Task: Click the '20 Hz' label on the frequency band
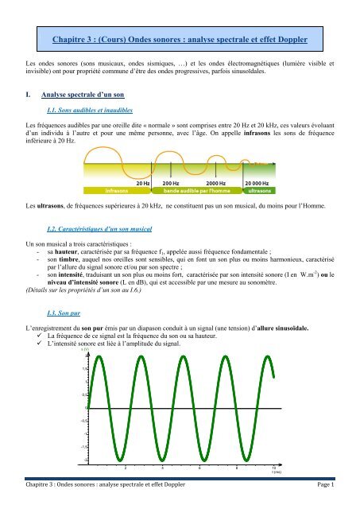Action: tap(143, 182)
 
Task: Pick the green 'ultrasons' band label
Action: tap(259, 191)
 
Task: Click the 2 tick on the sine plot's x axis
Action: tap(125, 468)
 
